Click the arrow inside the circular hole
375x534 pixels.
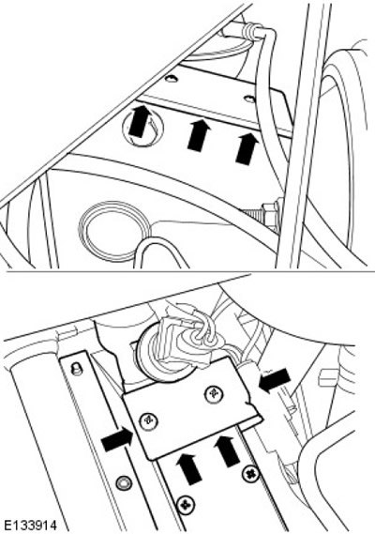point(140,121)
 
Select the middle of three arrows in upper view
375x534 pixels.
point(199,134)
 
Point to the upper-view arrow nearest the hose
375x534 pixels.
point(247,148)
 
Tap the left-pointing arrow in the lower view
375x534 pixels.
point(275,380)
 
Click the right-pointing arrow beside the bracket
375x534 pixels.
point(117,439)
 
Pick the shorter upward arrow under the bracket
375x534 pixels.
point(187,468)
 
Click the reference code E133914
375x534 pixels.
point(29,526)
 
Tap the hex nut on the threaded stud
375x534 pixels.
point(272,215)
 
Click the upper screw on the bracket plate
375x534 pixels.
point(214,394)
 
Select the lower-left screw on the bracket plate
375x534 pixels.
point(149,420)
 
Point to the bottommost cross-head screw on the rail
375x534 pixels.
point(185,503)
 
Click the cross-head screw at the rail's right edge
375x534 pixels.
point(251,473)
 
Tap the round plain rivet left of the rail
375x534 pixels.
point(123,482)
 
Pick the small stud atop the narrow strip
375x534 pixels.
point(77,368)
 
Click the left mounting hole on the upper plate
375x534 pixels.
point(172,80)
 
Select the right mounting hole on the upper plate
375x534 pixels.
point(249,99)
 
